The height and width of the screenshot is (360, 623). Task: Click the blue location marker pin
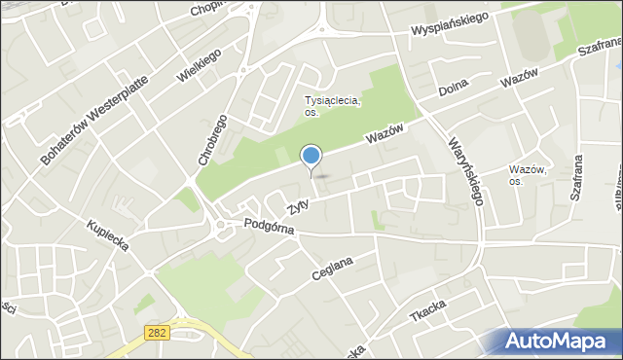(x=311, y=157)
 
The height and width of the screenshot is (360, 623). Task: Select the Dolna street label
(x=454, y=88)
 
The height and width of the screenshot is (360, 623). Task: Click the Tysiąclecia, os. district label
(x=333, y=106)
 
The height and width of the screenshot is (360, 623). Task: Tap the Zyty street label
(x=298, y=206)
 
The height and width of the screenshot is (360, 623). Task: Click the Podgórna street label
(x=269, y=226)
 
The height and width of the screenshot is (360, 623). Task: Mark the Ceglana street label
(x=331, y=267)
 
